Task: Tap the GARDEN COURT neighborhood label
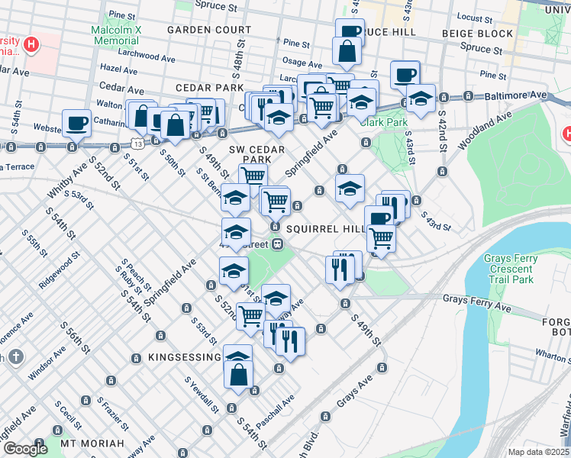(x=208, y=30)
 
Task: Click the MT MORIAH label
(x=92, y=443)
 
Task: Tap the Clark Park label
(x=386, y=121)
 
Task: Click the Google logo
(x=25, y=449)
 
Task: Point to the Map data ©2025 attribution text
(x=538, y=452)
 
